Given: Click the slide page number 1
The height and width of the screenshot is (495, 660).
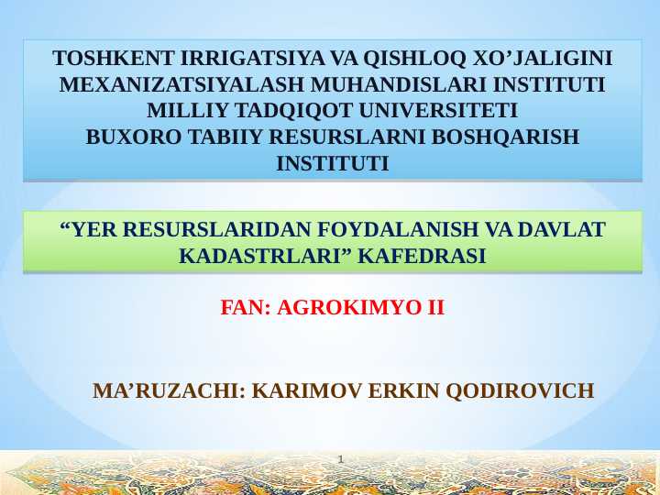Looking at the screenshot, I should [340, 457].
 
